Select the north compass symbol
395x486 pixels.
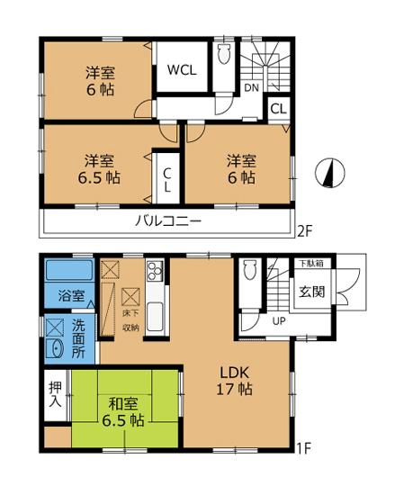(330, 173)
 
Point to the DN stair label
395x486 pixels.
(251, 88)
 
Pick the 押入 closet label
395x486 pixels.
(53, 391)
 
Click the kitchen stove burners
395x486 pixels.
(152, 271)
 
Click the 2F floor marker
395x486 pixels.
(306, 231)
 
